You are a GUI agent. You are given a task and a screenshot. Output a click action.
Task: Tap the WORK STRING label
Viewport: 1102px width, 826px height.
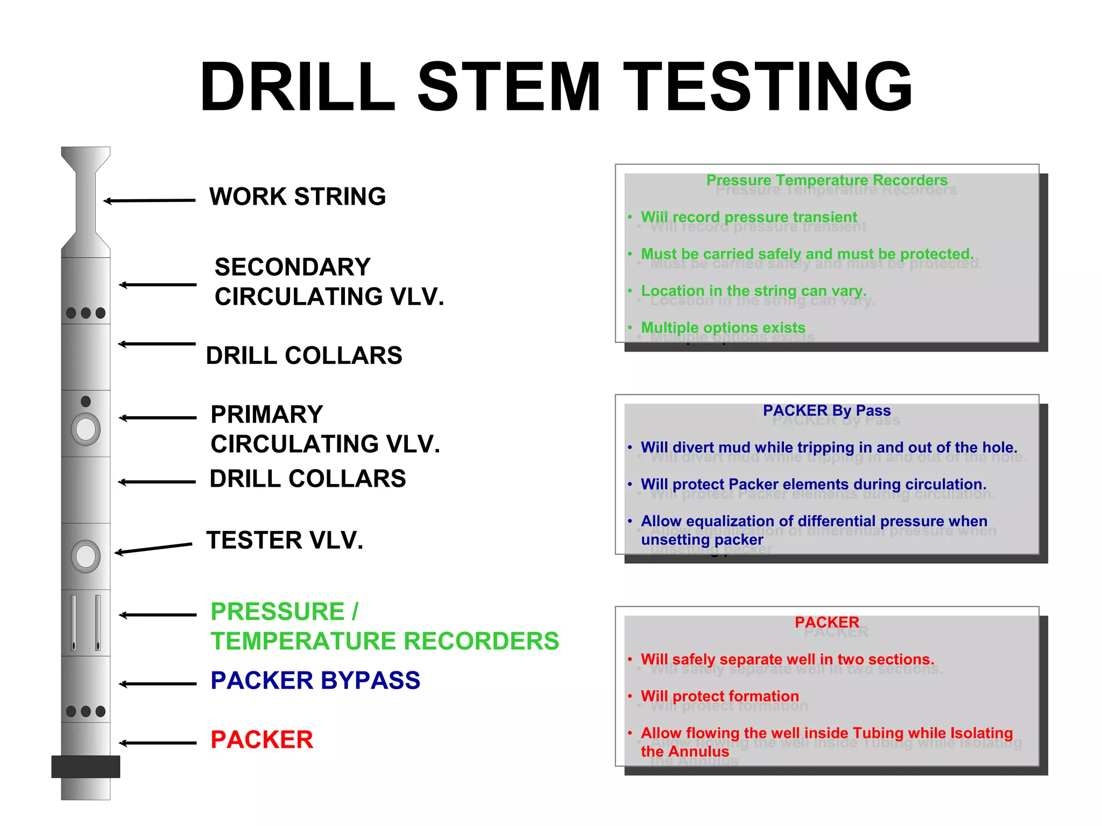(x=298, y=197)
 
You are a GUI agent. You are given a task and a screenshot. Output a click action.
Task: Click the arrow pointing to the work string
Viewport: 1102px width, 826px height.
(x=150, y=201)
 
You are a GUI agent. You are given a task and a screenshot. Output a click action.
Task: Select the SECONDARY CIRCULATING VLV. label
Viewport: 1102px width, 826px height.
(x=329, y=282)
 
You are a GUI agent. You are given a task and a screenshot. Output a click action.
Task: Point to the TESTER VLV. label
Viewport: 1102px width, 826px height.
(x=285, y=540)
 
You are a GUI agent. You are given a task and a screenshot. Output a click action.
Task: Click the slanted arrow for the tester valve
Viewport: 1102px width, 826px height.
(x=153, y=549)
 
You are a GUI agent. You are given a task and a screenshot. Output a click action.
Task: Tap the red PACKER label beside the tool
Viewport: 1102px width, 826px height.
(x=262, y=739)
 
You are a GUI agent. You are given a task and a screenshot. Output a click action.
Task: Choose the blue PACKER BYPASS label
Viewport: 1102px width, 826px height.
(x=315, y=680)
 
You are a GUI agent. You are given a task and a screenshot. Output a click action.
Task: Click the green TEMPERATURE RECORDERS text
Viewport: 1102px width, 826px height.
(x=385, y=641)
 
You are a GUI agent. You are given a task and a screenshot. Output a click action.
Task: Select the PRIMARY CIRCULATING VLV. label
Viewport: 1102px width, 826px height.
(x=325, y=429)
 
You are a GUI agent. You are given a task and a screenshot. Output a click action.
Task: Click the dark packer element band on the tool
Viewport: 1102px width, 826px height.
(x=86, y=766)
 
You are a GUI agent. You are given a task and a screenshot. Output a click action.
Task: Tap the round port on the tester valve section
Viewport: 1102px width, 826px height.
(x=86, y=556)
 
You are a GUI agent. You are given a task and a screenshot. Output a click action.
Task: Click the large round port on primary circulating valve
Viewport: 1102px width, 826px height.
(x=86, y=429)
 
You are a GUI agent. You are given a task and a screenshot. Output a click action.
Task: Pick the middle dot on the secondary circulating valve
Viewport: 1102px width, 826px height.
(x=86, y=313)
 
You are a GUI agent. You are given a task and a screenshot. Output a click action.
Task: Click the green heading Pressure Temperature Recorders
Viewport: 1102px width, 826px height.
(x=826, y=180)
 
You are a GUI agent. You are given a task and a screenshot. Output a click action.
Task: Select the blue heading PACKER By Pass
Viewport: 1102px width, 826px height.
(x=826, y=410)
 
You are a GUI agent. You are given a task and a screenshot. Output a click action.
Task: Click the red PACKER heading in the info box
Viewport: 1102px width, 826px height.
(x=826, y=622)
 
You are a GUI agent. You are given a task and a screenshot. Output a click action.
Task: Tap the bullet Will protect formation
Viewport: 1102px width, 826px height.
(x=719, y=696)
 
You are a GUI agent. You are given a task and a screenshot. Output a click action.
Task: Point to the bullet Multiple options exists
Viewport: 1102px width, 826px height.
(x=723, y=327)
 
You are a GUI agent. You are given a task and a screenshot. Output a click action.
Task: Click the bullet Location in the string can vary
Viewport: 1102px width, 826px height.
(x=753, y=291)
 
